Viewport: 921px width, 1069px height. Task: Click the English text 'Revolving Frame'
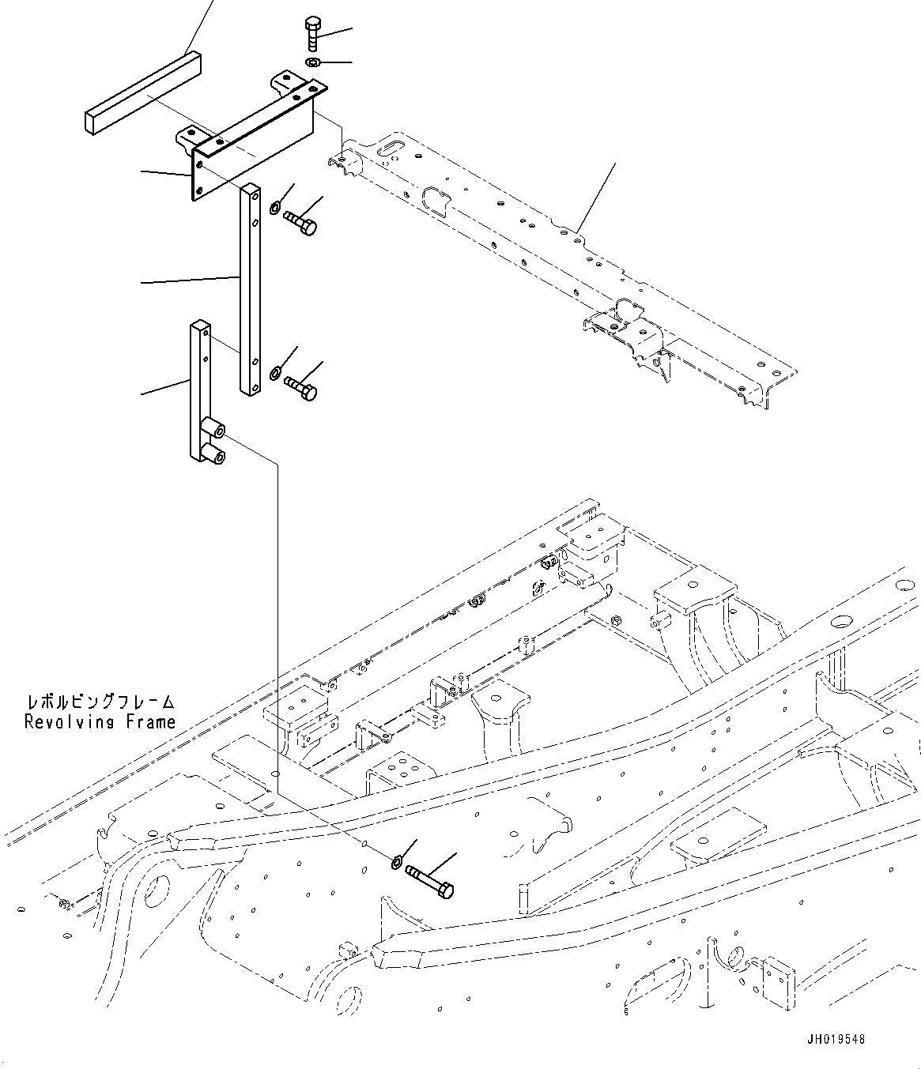100,721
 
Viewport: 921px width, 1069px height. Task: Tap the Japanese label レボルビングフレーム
100,702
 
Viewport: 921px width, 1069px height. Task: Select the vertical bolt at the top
311,35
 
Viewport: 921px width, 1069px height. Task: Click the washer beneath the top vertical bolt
312,62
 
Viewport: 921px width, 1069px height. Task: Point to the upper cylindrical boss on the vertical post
213,428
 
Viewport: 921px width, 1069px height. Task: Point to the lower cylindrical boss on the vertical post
213,452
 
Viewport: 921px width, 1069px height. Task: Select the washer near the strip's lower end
274,372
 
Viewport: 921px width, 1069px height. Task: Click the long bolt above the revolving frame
430,881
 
